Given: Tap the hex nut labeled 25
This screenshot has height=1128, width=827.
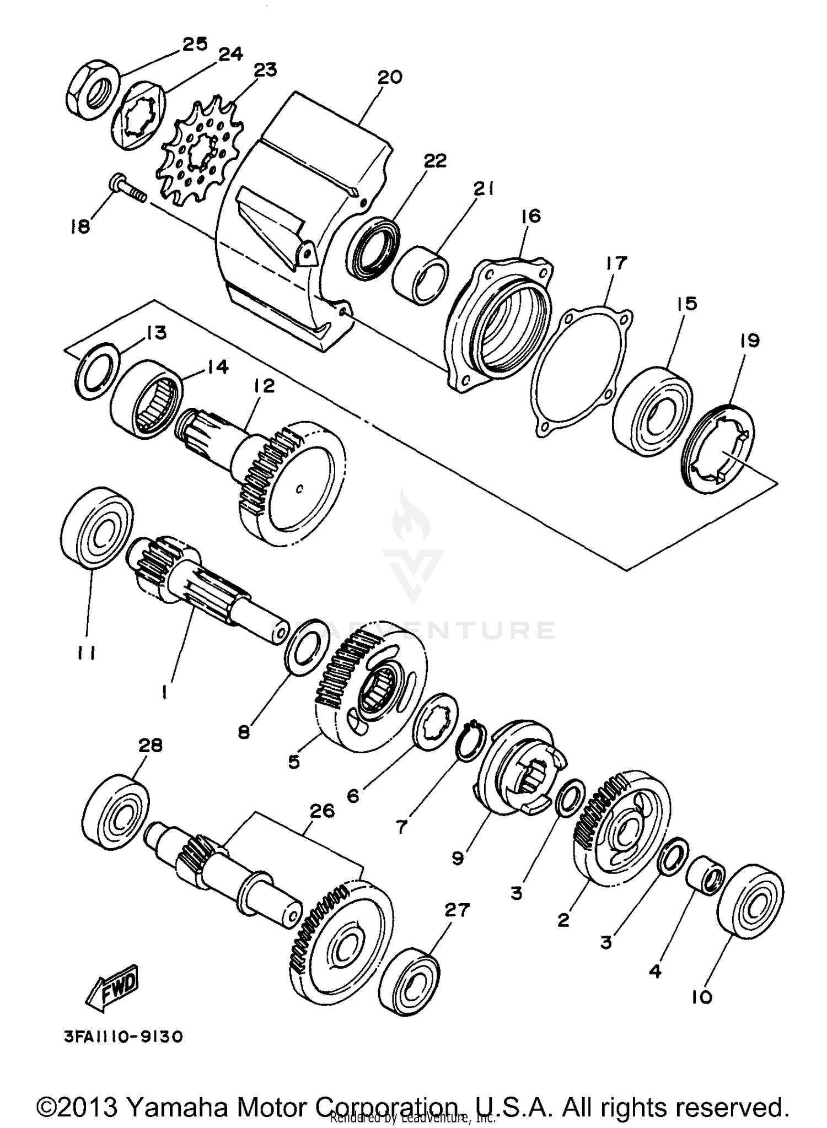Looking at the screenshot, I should tap(92, 88).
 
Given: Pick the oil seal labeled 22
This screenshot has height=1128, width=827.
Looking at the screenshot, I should tap(374, 249).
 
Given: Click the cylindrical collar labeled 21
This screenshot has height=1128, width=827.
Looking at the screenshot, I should tap(421, 276).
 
